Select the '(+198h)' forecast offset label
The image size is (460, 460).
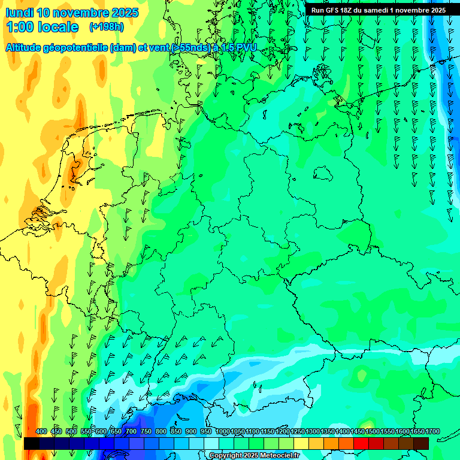(x=106, y=27)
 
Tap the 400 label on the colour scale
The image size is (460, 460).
(x=41, y=431)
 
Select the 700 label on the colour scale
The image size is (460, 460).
(x=131, y=431)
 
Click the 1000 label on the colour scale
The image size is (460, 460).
(x=223, y=431)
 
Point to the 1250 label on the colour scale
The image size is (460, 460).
(x=298, y=431)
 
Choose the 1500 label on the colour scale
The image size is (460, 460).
(x=373, y=431)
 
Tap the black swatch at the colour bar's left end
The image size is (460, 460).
(x=31, y=444)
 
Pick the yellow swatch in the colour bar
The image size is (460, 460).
(x=301, y=444)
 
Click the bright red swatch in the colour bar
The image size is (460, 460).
(x=361, y=444)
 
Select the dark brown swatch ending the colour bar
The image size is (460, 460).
(x=421, y=444)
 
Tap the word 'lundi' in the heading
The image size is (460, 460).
(x=20, y=13)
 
